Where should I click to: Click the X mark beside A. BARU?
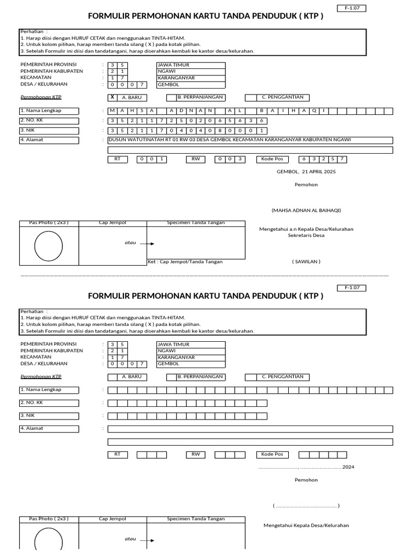tap(112, 97)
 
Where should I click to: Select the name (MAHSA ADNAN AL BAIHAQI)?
tap(306, 211)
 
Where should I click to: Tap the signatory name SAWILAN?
tap(306, 261)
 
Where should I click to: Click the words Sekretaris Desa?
tap(306, 235)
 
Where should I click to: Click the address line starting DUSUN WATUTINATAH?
tap(230, 140)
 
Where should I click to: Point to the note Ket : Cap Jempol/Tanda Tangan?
tap(185, 262)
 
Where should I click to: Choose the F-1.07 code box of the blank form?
tap(355, 288)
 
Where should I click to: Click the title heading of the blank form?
tap(206, 296)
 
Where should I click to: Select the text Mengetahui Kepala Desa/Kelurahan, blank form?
tap(306, 526)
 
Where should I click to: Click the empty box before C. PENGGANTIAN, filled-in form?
tap(251, 98)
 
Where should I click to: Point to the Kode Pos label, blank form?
tap(272, 454)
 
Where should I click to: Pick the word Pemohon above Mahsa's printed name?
tap(306, 185)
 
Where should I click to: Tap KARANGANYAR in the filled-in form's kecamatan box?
tap(173, 78)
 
